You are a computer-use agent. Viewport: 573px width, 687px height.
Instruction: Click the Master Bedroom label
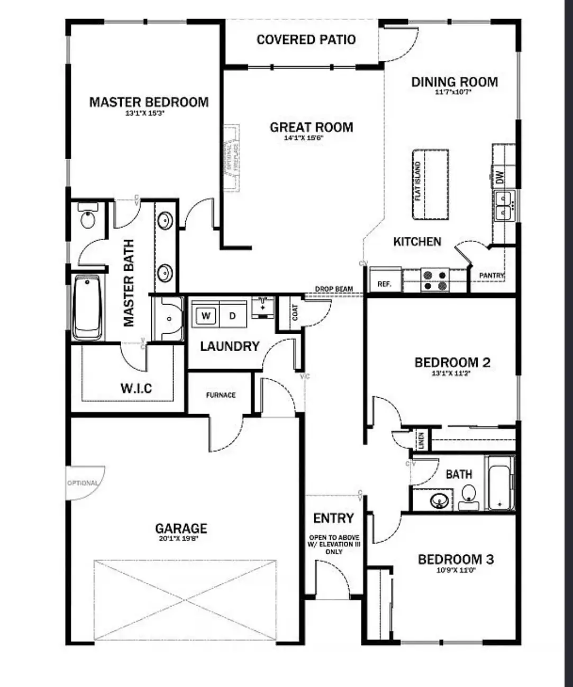coord(149,102)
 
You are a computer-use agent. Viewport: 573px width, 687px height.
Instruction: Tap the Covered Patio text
coord(306,40)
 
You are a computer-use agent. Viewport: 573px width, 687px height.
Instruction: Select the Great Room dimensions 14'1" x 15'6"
coord(304,138)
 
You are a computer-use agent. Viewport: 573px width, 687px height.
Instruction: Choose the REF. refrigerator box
coord(385,283)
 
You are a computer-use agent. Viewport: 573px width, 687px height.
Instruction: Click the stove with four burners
coord(435,281)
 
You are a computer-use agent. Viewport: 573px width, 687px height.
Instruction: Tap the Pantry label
coord(492,276)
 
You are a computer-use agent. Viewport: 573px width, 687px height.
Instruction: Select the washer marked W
coord(206,316)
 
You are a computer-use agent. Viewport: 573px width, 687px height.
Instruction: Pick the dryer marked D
coord(232,316)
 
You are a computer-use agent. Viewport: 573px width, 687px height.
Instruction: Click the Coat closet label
coord(295,313)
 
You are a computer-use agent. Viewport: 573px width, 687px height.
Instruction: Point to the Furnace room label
coord(221,395)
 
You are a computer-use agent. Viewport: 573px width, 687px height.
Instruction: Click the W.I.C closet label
coord(136,389)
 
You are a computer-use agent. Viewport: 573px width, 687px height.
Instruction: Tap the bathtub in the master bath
coord(88,307)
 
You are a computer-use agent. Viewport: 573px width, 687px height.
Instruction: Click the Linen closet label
coord(421,439)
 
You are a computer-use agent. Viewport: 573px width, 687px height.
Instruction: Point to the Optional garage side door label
coord(83,483)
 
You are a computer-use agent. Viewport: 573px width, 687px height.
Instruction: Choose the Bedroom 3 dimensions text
coord(456,571)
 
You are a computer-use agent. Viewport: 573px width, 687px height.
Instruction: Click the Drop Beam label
coord(334,289)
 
